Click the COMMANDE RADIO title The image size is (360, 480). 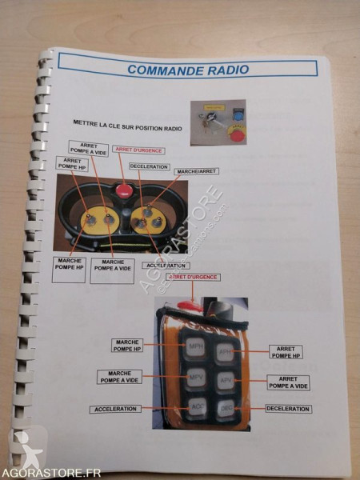point(187,69)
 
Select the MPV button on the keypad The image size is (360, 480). point(197,377)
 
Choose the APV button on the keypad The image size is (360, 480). point(226,381)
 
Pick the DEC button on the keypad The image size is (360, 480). point(226,410)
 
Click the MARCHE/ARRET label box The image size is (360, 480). point(196,170)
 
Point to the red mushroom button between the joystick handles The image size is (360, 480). point(125,191)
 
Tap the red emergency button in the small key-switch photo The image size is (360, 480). point(236,134)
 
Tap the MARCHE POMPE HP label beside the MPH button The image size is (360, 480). point(128,345)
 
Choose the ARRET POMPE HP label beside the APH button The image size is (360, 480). point(286,353)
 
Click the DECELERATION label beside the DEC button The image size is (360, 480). point(287,408)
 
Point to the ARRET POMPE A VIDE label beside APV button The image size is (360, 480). point(289,382)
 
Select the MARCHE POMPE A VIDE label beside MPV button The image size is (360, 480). point(120,377)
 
